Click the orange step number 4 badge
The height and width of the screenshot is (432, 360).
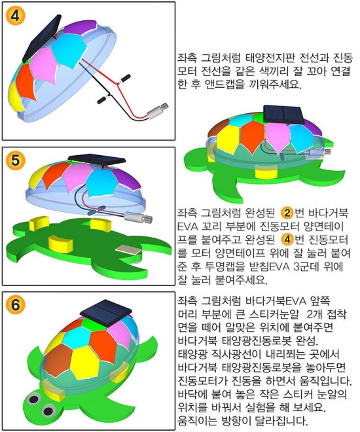(15, 16)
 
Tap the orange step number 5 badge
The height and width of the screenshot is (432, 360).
(15, 160)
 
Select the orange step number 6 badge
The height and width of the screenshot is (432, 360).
(15, 305)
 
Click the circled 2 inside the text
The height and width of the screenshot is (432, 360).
(287, 213)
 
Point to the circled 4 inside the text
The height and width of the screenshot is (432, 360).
(287, 240)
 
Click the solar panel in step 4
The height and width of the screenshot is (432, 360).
(42, 39)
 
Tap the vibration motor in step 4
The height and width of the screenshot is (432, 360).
(157, 111)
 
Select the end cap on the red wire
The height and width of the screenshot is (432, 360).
(125, 78)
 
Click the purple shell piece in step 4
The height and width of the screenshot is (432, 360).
(80, 27)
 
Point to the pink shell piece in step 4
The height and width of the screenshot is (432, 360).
(44, 65)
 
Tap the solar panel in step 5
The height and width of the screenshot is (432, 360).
(97, 160)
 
